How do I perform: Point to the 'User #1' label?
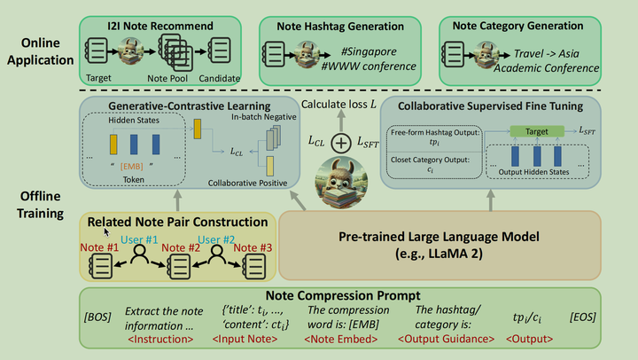pyautogui.click(x=140, y=240)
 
